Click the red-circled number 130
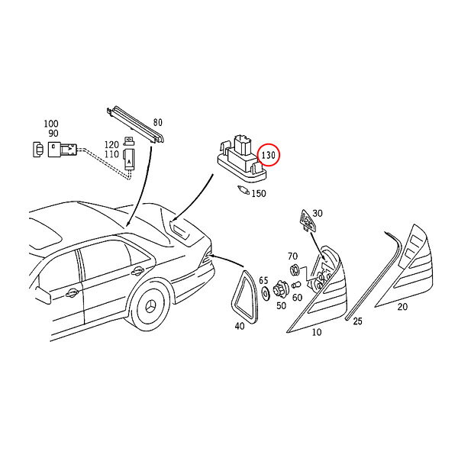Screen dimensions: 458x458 [268, 155]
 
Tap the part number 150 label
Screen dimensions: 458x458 [259, 193]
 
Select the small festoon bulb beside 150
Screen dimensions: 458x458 [244, 190]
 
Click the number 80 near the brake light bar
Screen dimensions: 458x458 [158, 122]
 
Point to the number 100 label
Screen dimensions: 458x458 [51, 124]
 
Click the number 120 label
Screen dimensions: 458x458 [112, 144]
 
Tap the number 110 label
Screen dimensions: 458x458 [112, 154]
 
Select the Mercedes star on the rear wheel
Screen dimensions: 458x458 [151, 307]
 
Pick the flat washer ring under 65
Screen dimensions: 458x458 [266, 294]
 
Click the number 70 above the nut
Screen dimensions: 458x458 [292, 256]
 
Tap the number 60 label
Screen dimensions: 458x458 [298, 298]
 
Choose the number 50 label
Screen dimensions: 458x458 [281, 305]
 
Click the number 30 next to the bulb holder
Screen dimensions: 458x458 [318, 213]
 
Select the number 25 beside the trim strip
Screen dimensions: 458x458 [357, 321]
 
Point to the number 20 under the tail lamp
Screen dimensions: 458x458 [402, 307]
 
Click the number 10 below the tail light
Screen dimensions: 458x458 [317, 332]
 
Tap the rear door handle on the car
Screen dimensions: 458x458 [137, 271]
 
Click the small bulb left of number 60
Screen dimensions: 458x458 [296, 285]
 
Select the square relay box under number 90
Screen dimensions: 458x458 [55, 150]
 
